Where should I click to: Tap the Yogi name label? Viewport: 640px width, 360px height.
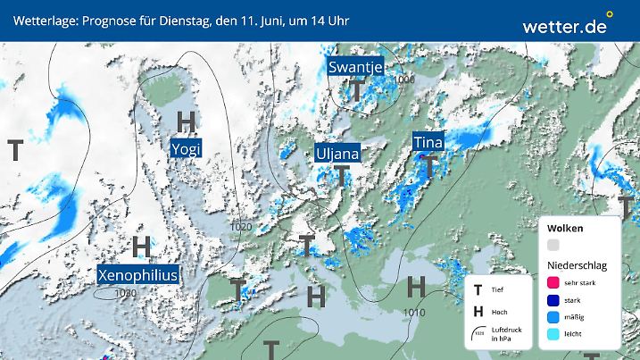tap(187, 147)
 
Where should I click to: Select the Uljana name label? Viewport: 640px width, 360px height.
tap(338, 154)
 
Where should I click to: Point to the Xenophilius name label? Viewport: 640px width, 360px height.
tap(137, 273)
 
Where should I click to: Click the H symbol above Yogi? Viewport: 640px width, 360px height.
tap(187, 121)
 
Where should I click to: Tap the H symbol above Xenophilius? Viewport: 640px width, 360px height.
tap(141, 246)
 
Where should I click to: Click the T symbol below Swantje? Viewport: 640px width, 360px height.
tap(356, 90)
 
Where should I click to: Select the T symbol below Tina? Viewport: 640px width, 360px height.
tap(429, 165)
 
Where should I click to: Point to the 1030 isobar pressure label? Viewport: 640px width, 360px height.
tap(126, 292)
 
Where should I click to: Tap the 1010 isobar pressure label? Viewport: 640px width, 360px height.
tap(413, 313)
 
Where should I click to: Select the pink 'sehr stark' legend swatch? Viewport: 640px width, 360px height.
tap(554, 282)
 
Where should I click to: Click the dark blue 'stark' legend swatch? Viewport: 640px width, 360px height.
tap(554, 300)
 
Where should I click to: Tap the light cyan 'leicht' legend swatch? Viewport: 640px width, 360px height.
tap(554, 333)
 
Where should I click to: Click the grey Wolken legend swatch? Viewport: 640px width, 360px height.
tap(554, 245)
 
